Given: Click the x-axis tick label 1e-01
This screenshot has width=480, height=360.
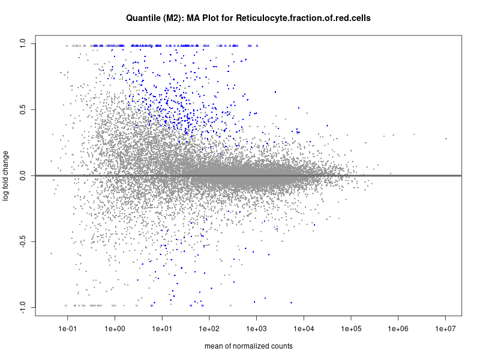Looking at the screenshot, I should (x=67, y=329).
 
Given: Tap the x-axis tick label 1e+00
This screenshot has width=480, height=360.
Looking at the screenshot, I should (x=115, y=329).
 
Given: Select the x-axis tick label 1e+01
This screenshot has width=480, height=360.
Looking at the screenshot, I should (x=162, y=329).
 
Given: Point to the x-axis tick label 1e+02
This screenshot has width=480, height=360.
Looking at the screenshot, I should (x=209, y=329).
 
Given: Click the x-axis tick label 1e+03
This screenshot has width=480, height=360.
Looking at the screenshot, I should (x=256, y=329).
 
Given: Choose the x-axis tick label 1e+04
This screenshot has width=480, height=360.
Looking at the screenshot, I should (x=304, y=329).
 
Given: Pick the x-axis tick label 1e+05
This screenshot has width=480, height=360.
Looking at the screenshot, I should (x=351, y=329).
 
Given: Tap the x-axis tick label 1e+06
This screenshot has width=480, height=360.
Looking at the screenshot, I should (x=398, y=329).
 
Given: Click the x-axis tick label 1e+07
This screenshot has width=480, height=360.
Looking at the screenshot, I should (x=445, y=329).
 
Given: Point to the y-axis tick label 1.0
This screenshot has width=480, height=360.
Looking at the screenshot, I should (x=22, y=43).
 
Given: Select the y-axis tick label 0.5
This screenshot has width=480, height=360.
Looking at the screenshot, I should (x=22, y=110).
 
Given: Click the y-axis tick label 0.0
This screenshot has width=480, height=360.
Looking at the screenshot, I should (x=22, y=176).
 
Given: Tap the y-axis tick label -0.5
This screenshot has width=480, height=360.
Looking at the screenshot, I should (x=22, y=242).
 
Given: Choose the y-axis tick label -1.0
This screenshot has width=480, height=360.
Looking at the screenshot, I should (x=22, y=307).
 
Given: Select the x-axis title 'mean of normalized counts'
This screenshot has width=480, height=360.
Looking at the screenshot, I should (x=248, y=346).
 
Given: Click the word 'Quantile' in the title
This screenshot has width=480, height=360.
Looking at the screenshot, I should (x=143, y=18).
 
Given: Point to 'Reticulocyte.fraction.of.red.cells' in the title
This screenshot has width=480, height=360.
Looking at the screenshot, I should (x=303, y=18).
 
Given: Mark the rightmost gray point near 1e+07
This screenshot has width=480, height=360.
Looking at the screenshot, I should (x=446, y=139).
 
